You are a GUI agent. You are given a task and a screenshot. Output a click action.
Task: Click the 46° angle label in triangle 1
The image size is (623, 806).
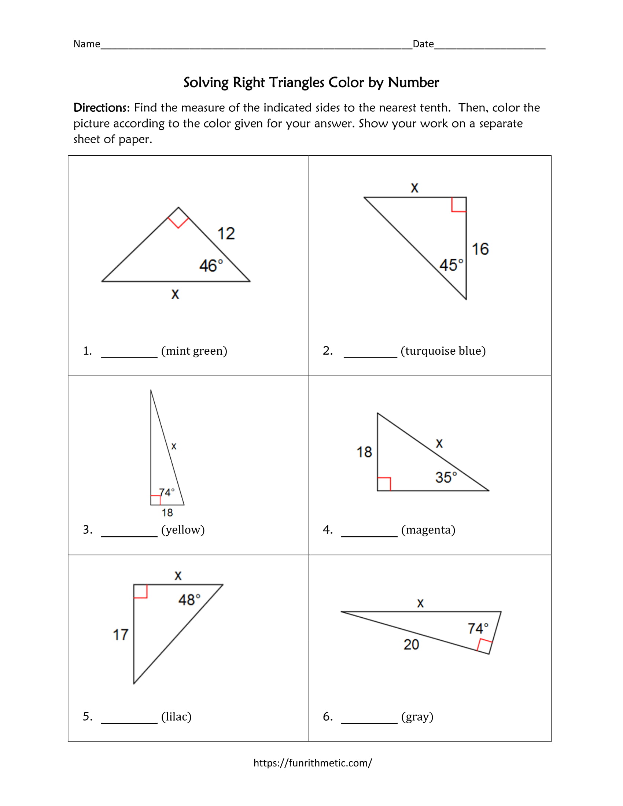(x=211, y=266)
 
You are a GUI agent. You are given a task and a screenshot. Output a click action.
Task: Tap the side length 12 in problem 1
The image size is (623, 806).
(x=226, y=234)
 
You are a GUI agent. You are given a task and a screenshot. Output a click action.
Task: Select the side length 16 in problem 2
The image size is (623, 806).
(x=480, y=249)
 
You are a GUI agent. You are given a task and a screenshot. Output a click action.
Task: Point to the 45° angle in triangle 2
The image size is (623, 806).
(x=451, y=265)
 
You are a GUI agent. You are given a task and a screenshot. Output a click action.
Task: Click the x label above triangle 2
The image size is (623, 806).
(x=414, y=188)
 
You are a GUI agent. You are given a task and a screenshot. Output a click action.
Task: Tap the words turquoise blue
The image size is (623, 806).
(x=443, y=351)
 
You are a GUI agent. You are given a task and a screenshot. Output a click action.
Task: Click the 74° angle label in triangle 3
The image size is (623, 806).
(x=166, y=492)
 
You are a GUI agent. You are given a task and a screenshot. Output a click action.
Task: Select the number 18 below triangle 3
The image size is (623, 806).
(x=167, y=513)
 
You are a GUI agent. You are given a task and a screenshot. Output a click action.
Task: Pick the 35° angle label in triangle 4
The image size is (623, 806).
(x=446, y=477)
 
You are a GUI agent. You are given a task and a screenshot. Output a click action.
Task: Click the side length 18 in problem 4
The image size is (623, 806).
(x=364, y=452)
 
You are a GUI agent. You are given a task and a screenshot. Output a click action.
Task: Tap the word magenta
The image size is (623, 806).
(x=428, y=530)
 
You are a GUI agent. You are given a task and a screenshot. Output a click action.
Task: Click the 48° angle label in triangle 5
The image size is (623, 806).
(x=189, y=600)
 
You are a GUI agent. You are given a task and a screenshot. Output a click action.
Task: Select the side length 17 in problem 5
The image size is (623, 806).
(x=120, y=635)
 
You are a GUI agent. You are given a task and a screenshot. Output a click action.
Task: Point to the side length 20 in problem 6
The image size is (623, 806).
(x=411, y=644)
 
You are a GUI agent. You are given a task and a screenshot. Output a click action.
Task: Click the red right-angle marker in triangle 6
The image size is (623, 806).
(x=484, y=646)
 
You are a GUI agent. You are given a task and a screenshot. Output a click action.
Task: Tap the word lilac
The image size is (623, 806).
(x=176, y=717)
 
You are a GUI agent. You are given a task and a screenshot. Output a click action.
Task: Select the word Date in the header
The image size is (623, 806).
(x=423, y=44)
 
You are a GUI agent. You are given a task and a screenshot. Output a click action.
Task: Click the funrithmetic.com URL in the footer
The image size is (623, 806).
(x=313, y=763)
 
